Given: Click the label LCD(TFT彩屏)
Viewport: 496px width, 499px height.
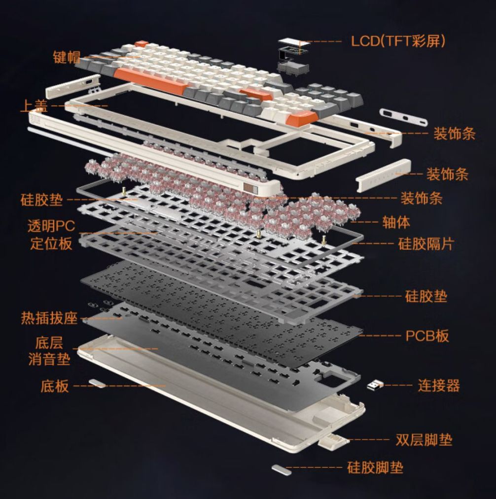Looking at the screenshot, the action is point(398,41).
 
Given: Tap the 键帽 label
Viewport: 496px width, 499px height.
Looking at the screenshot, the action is point(67,57).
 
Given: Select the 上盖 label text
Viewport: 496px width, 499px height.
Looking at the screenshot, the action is point(34,106).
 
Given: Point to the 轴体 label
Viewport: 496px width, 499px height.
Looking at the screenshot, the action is point(396,222).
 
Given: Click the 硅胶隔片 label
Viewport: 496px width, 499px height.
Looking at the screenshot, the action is point(426,244).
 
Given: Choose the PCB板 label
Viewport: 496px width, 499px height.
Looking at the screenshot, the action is point(427,336).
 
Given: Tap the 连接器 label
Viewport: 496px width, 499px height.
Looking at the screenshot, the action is point(439,386).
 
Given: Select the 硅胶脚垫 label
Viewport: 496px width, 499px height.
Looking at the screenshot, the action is point(375,467).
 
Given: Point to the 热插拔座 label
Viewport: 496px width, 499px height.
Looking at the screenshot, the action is point(49,318).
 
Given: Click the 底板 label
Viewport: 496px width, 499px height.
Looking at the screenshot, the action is point(54,386).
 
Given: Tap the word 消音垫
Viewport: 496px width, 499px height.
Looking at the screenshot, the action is point(49,359).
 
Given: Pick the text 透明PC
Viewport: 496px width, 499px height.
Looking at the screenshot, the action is point(51,226).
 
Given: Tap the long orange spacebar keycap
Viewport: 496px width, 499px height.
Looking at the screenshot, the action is point(149,81).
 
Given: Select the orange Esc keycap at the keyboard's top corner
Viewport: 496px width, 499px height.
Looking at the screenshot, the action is point(142,44).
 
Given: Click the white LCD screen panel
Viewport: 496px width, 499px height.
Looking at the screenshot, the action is point(293,42).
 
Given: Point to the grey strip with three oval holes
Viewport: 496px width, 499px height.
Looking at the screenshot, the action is point(403,117).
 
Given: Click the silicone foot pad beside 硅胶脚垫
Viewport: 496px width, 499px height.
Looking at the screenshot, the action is point(282,469).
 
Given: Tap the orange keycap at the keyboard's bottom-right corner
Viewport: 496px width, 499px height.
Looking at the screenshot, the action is point(302,118).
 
